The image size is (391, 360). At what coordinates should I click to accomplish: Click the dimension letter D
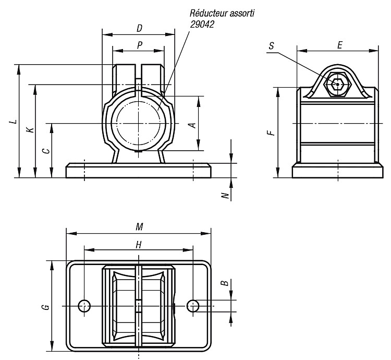click(x=139, y=29)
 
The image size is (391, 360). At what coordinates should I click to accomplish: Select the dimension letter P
click(x=140, y=45)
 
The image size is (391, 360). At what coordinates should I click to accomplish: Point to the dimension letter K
click(x=30, y=130)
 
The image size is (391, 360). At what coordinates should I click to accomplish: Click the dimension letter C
click(x=46, y=151)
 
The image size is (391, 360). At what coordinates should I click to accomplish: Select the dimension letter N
click(x=225, y=195)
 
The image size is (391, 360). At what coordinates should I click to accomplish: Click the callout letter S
click(x=271, y=46)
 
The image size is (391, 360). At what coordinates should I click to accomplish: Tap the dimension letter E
click(x=339, y=45)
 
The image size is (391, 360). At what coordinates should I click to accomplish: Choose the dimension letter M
click(x=139, y=227)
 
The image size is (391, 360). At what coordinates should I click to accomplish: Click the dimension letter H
click(x=138, y=245)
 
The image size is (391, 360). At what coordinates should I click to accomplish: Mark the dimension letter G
click(x=46, y=307)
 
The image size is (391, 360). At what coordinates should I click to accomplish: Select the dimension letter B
click(x=225, y=283)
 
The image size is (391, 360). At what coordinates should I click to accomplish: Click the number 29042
click(x=202, y=24)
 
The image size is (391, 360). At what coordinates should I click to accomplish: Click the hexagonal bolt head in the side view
click(x=337, y=85)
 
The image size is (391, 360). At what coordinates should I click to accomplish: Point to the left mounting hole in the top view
click(x=84, y=306)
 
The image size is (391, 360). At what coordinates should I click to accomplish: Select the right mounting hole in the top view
click(x=193, y=306)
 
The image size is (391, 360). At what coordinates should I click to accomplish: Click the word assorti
click(x=242, y=13)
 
